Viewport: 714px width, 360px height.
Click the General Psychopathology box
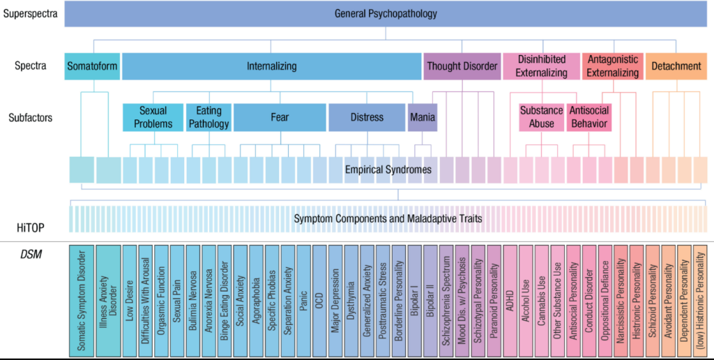point(386,13)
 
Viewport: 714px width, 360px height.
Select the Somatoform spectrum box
point(92,66)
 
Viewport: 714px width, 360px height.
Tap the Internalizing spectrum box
point(271,66)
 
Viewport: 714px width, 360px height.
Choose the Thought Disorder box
point(462,66)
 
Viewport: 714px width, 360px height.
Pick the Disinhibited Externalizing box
point(542,66)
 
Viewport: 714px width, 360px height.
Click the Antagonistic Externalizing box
point(612,66)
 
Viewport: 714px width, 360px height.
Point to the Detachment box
point(676,66)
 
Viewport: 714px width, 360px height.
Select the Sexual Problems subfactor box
point(153,117)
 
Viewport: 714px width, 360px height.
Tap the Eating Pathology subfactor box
point(208,117)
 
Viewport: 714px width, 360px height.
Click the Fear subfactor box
point(280,117)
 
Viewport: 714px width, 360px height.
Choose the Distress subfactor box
point(367,117)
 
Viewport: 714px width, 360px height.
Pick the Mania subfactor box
point(423,117)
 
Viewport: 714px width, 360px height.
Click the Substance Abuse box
point(541,117)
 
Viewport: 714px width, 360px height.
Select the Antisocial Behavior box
point(589,117)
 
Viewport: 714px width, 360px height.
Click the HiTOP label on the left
point(31,227)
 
